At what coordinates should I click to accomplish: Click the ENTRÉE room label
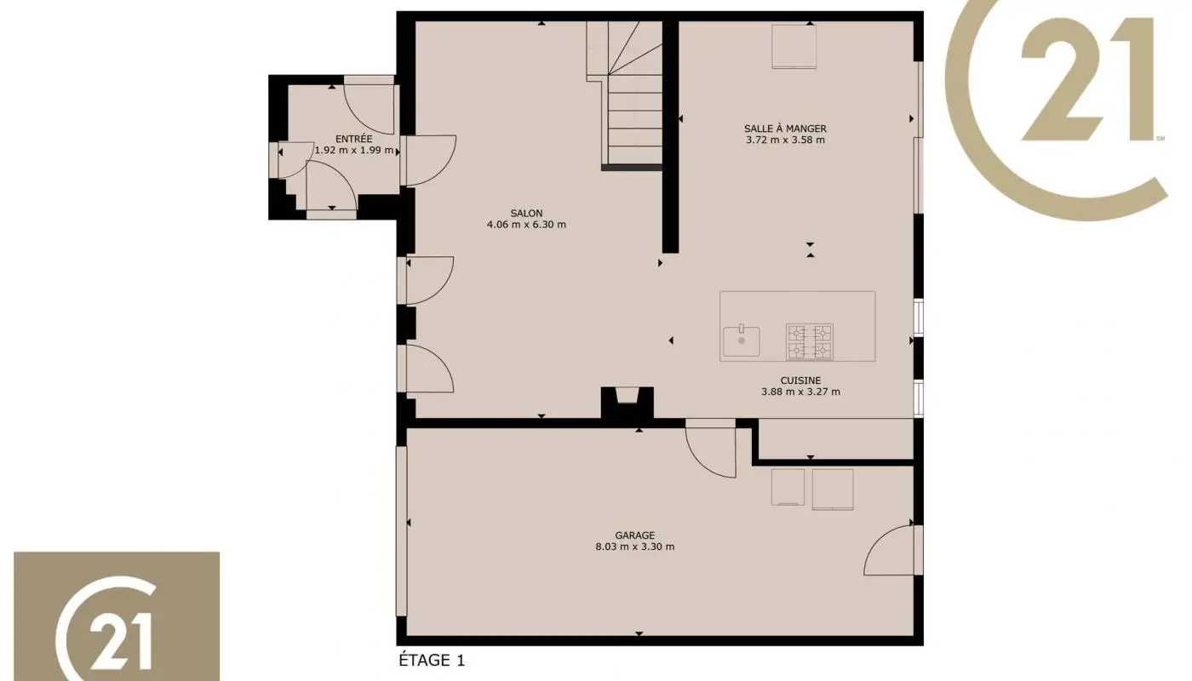353,139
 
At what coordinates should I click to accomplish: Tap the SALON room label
526,214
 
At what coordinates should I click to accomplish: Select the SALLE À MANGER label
785,129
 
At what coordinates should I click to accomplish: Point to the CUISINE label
800,381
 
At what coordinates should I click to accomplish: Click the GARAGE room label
635,535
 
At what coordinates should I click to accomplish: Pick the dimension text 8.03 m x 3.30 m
635,547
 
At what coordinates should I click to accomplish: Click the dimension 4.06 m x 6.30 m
526,225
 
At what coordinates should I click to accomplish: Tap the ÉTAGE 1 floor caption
433,660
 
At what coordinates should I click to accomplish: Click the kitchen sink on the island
742,340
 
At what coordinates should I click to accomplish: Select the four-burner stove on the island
809,341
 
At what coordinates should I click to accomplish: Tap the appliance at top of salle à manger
794,46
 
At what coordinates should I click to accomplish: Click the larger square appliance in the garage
832,489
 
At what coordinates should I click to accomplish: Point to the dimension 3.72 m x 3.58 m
785,140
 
